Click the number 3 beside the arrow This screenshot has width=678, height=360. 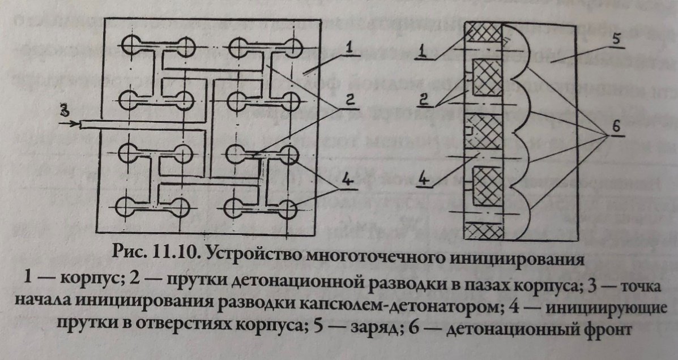[x=66, y=110]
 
